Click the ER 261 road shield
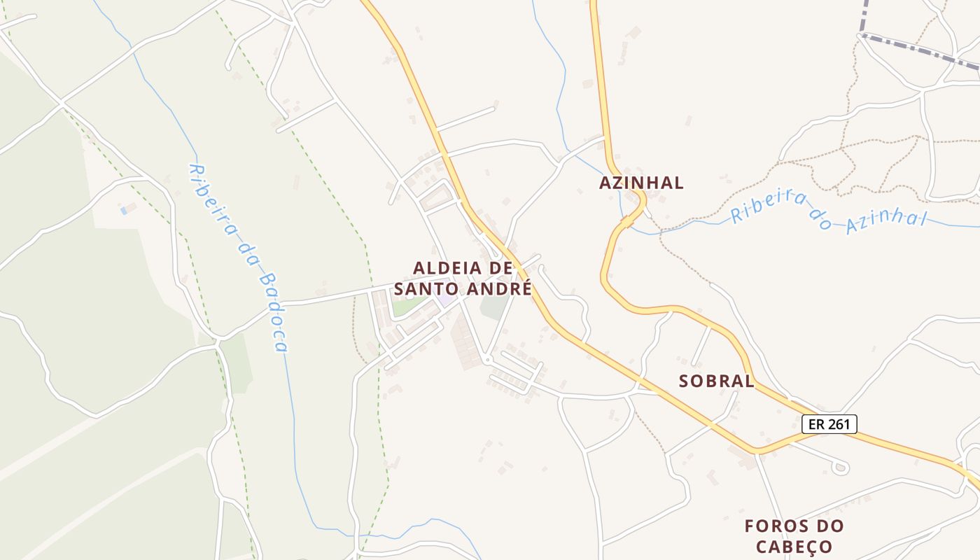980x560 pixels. click(829, 423)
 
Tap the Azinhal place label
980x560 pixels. click(641, 183)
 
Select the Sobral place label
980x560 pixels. click(716, 381)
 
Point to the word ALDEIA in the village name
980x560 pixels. click(448, 267)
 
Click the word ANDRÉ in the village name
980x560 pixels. click(498, 288)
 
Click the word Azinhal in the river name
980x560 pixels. click(885, 221)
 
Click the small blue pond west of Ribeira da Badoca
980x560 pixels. click(124, 209)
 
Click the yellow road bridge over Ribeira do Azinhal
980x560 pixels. click(628, 222)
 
